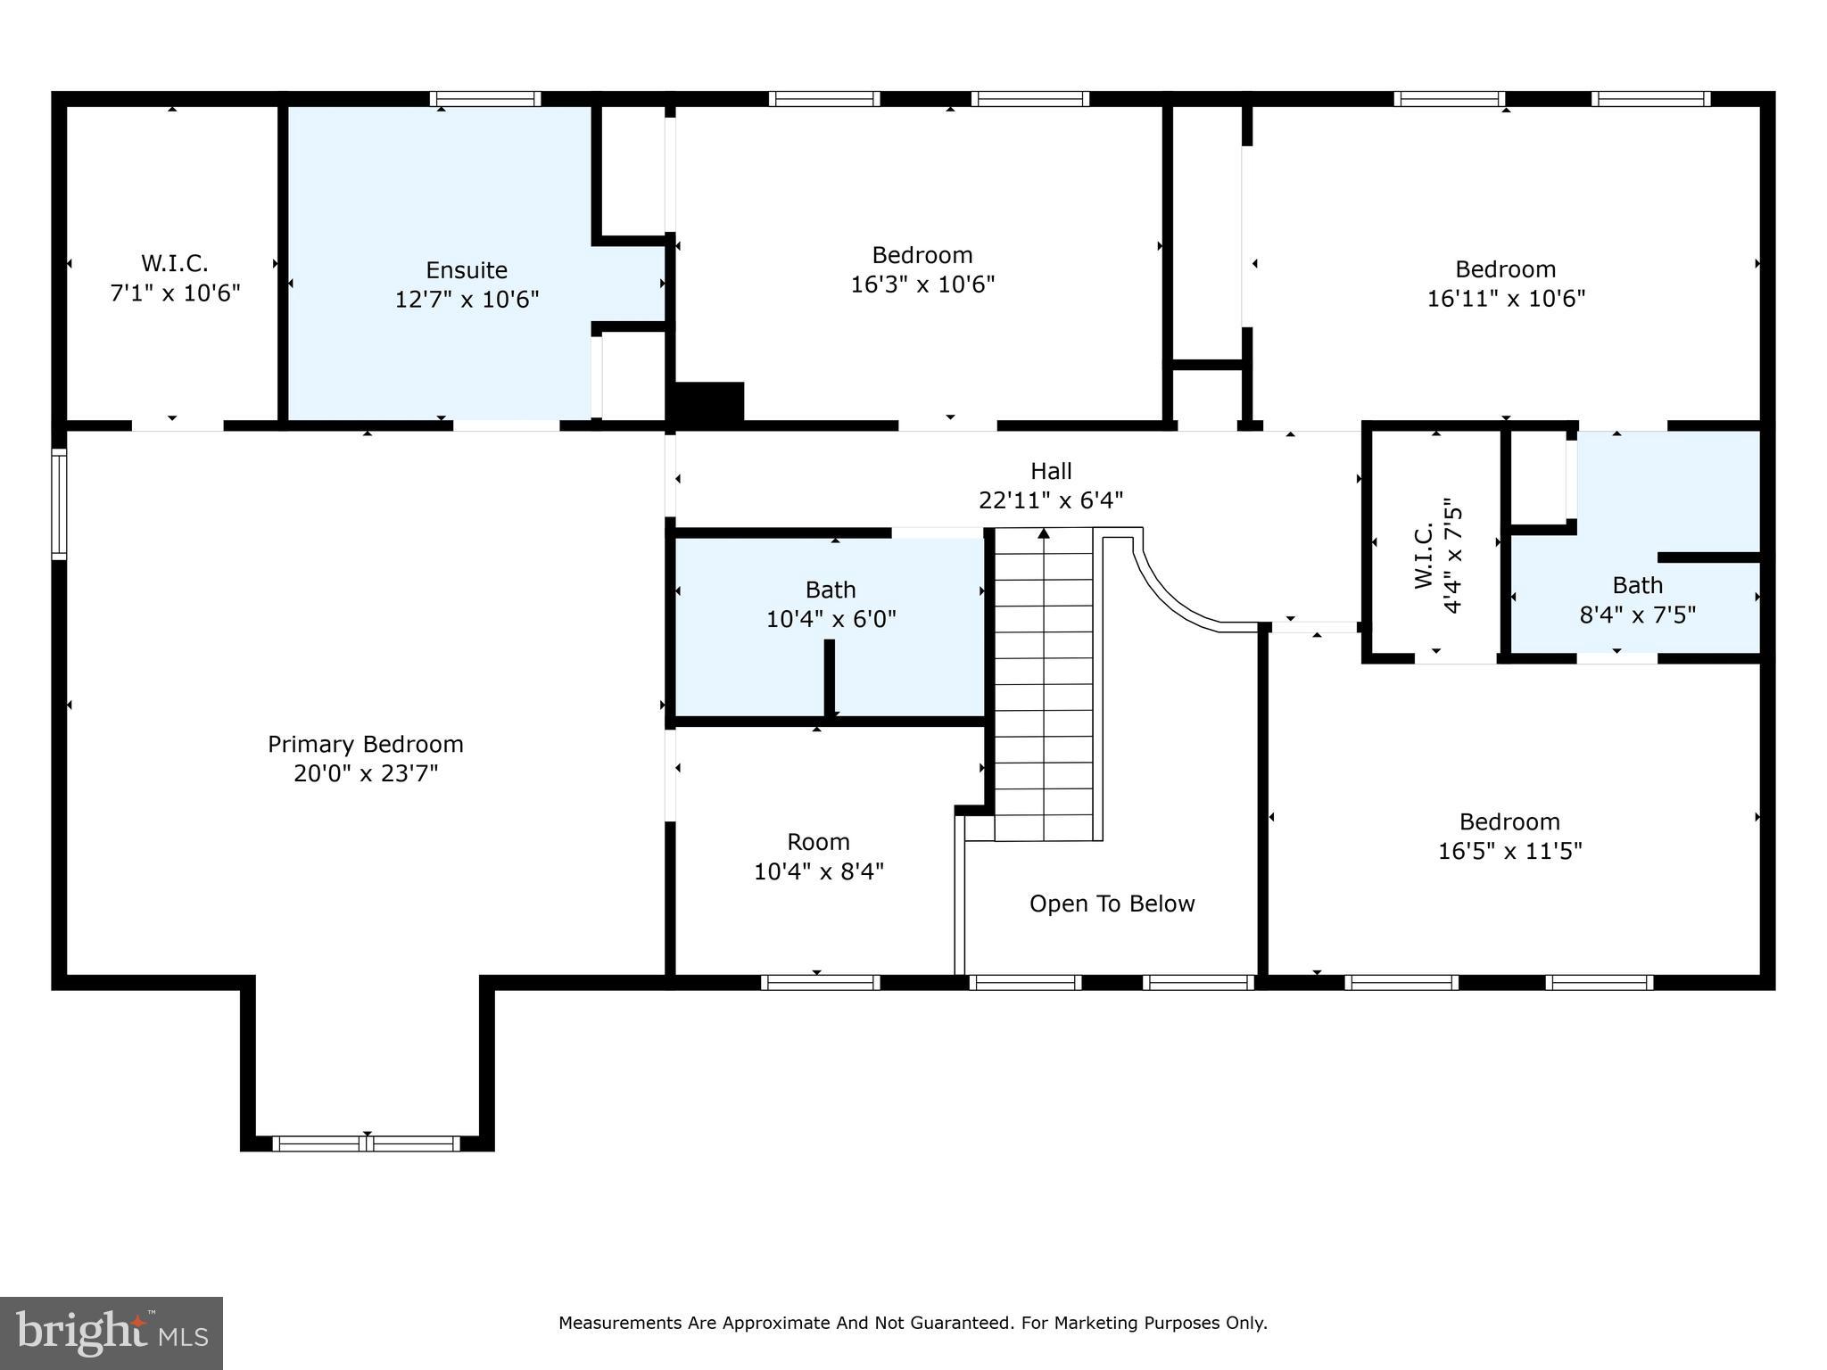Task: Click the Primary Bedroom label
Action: [x=366, y=758]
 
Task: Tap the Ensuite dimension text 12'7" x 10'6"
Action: [x=467, y=299]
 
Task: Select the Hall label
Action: [x=1051, y=471]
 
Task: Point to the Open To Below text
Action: [x=1112, y=904]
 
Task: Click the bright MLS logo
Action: [x=112, y=1333]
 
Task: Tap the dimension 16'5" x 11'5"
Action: [x=1509, y=851]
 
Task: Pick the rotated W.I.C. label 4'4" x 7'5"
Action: [x=1438, y=556]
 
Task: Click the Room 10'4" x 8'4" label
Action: [x=818, y=856]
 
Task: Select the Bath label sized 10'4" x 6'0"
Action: [x=831, y=604]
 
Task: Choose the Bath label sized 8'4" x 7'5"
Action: [x=1637, y=599]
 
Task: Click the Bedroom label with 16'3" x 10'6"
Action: [x=922, y=269]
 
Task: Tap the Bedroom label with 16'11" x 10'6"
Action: [x=1506, y=284]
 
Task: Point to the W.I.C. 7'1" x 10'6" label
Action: [x=175, y=278]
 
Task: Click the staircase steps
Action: [x=1044, y=685]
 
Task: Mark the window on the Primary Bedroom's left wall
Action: [x=59, y=504]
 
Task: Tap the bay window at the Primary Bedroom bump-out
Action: [x=367, y=1143]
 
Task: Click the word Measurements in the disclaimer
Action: [x=621, y=1324]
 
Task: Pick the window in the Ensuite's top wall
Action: [x=485, y=99]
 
